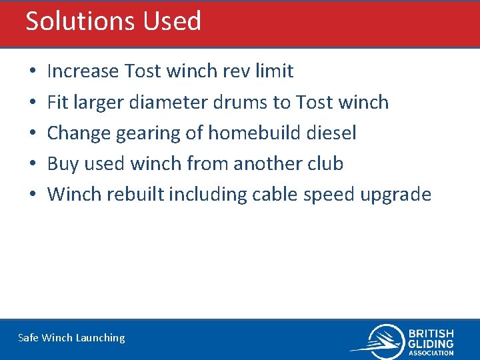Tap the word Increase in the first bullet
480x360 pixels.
click(x=83, y=71)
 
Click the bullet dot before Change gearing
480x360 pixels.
click(x=33, y=133)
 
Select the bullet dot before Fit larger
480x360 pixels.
click(x=33, y=103)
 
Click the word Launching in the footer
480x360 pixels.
click(x=100, y=338)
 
